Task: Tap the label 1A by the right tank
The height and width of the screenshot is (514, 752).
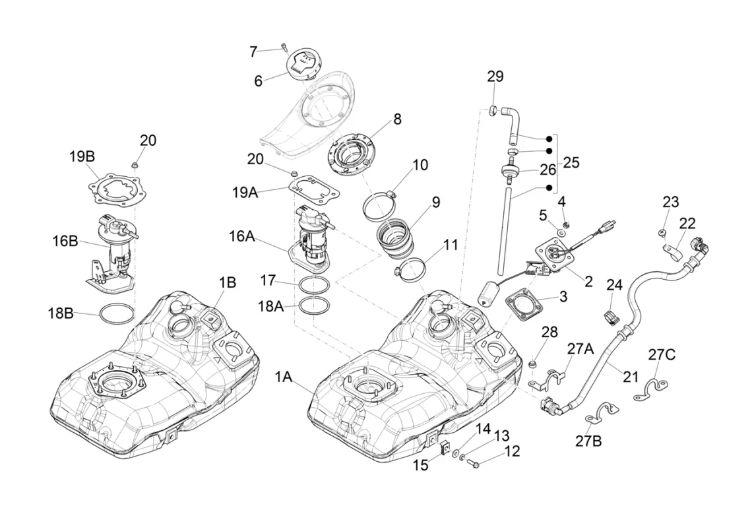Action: [284, 377]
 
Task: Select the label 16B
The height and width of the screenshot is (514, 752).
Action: [65, 241]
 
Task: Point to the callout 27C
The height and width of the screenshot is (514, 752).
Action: [661, 354]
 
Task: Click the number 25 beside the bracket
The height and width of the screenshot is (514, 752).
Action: [571, 162]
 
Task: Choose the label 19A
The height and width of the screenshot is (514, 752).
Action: [245, 192]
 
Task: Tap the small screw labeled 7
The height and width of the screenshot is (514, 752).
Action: [284, 47]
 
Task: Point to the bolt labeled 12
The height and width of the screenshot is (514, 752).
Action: [474, 464]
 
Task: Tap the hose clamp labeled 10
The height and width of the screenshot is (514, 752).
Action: [380, 203]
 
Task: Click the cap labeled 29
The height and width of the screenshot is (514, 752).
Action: [493, 110]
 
